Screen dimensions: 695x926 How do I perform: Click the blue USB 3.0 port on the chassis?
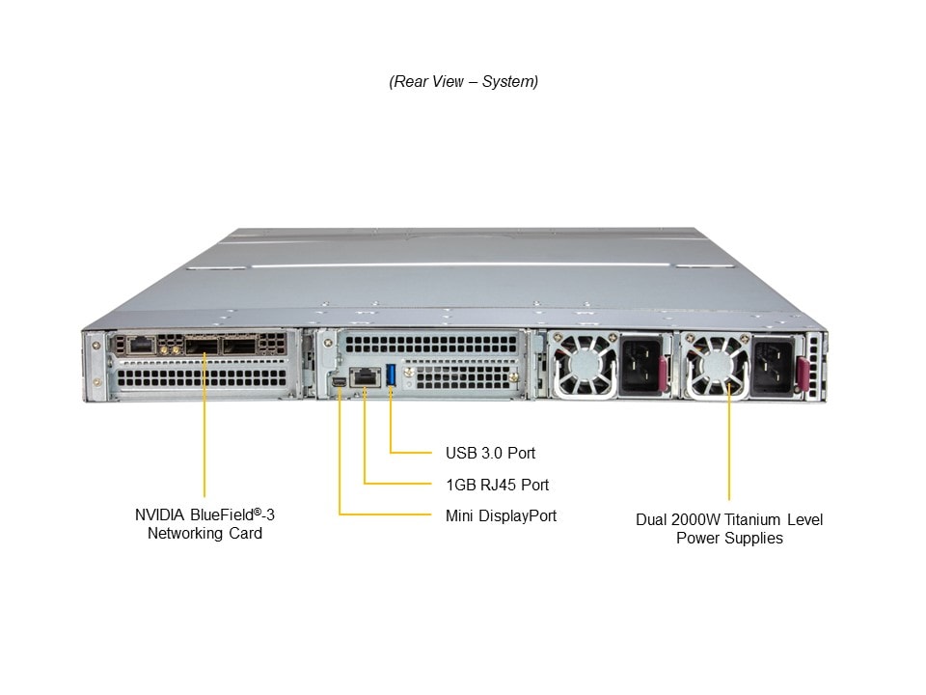click(x=391, y=375)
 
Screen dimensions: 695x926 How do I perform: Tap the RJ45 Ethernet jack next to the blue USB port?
click(x=365, y=377)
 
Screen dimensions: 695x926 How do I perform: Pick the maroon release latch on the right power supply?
click(x=802, y=373)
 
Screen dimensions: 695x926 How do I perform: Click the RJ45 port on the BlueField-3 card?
click(x=138, y=344)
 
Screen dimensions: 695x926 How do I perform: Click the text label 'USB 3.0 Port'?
click(x=490, y=453)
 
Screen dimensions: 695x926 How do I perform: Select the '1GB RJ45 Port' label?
click(x=497, y=485)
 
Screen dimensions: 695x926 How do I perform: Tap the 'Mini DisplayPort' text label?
click(x=501, y=516)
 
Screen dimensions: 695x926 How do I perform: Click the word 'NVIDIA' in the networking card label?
click(x=160, y=514)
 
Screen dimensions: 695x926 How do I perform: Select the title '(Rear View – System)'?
click(x=463, y=82)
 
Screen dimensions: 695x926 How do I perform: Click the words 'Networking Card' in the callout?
click(x=204, y=534)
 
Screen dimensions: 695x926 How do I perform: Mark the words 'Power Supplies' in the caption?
click(x=729, y=539)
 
